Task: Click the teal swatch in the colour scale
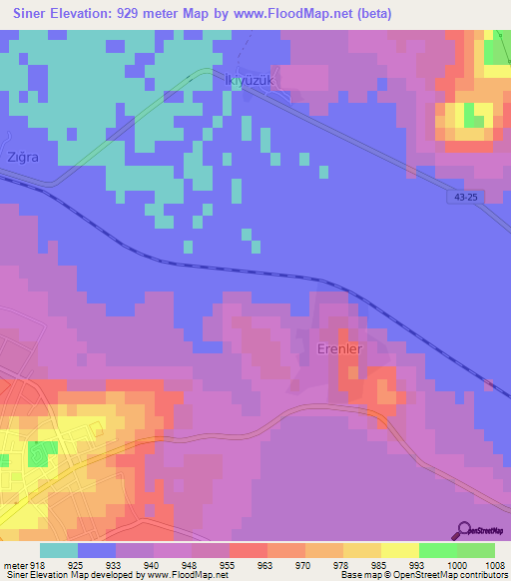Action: (59, 549)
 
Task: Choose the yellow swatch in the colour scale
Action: (400, 549)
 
